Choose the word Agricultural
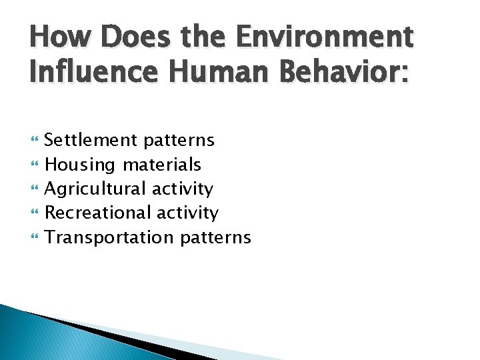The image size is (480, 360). pos(95,189)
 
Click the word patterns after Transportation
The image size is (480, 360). pos(215,238)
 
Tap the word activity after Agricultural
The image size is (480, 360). pos(182,189)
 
